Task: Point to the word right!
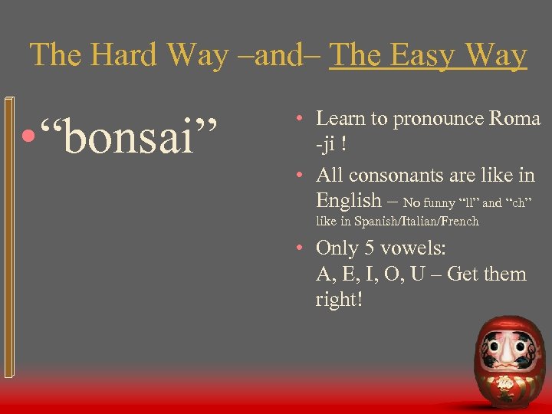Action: [x=338, y=298]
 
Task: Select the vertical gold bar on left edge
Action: [x=8, y=238]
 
